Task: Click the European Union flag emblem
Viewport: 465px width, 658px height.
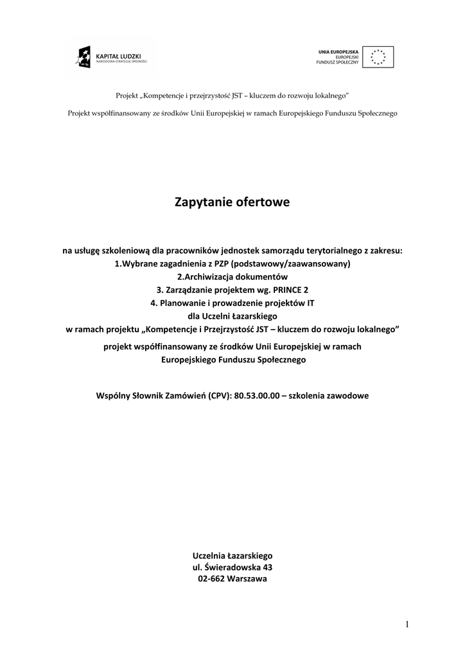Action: coord(378,57)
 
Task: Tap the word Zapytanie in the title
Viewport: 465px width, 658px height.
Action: coord(204,202)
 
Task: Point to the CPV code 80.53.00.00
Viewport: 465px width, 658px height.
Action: coord(254,396)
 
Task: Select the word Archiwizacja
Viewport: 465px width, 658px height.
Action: coord(213,277)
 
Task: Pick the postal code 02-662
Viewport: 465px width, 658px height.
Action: coord(212,578)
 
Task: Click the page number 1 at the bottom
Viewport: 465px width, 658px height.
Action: coord(407,624)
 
